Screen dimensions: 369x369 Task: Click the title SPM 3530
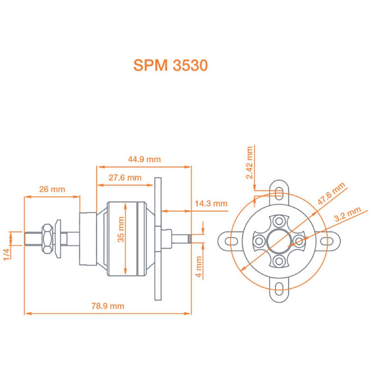coord(170,66)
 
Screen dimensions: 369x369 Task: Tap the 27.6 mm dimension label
coord(125,177)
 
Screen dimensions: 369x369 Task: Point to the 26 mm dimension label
coord(52,189)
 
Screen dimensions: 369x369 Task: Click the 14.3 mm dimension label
coord(211,203)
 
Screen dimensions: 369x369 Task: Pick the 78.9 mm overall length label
coord(108,306)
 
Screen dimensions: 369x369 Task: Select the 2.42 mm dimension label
coord(250,163)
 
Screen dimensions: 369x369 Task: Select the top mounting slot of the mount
coord(279,192)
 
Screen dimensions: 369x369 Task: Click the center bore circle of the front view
coord(279,241)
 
